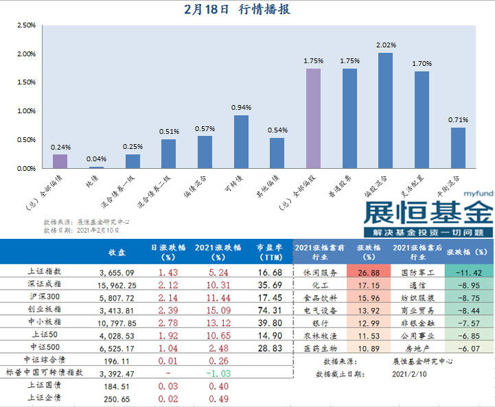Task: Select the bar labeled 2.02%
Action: coord(385,111)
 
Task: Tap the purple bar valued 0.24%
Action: coord(60,161)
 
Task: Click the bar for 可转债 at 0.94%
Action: coord(241,141)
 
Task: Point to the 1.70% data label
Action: coord(422,63)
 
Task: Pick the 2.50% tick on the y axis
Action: coord(25,25)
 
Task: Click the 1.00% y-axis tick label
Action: coord(25,111)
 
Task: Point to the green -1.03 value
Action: coord(217,371)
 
